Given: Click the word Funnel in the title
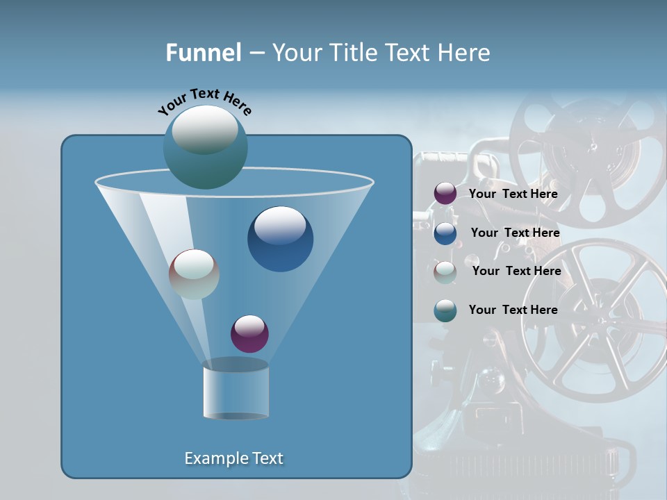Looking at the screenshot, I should pos(203,53).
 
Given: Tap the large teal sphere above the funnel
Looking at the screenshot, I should pos(206,147).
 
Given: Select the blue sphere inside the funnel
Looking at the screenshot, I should pos(280,239).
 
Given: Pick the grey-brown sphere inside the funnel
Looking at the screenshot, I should pos(195,274).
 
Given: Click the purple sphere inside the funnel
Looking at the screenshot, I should pos(249,334).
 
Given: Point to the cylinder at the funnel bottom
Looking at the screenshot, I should pos(236,390).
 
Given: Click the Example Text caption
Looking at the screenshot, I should pos(233,458).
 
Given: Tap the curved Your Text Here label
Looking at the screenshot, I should pos(204,101).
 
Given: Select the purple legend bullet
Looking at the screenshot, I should pos(445,194).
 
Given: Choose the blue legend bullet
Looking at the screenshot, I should pos(445,233).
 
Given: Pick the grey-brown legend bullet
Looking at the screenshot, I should pos(445,272).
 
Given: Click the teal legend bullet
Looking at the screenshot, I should pos(445,310).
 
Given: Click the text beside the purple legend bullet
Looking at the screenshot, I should pos(513,194).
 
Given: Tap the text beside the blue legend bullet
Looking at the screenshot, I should pos(515,233).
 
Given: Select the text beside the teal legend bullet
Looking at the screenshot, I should pos(513,310).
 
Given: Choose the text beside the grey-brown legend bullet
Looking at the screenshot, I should pos(516,271).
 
